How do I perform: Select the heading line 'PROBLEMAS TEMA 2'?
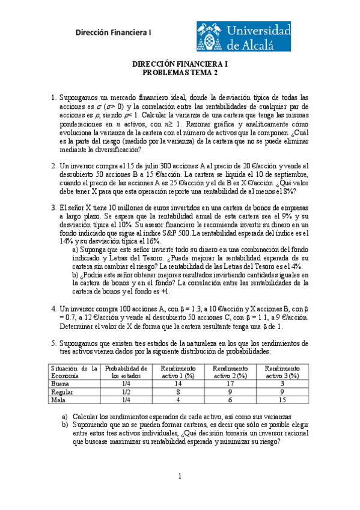click(x=180, y=73)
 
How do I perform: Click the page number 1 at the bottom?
click(x=179, y=477)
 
